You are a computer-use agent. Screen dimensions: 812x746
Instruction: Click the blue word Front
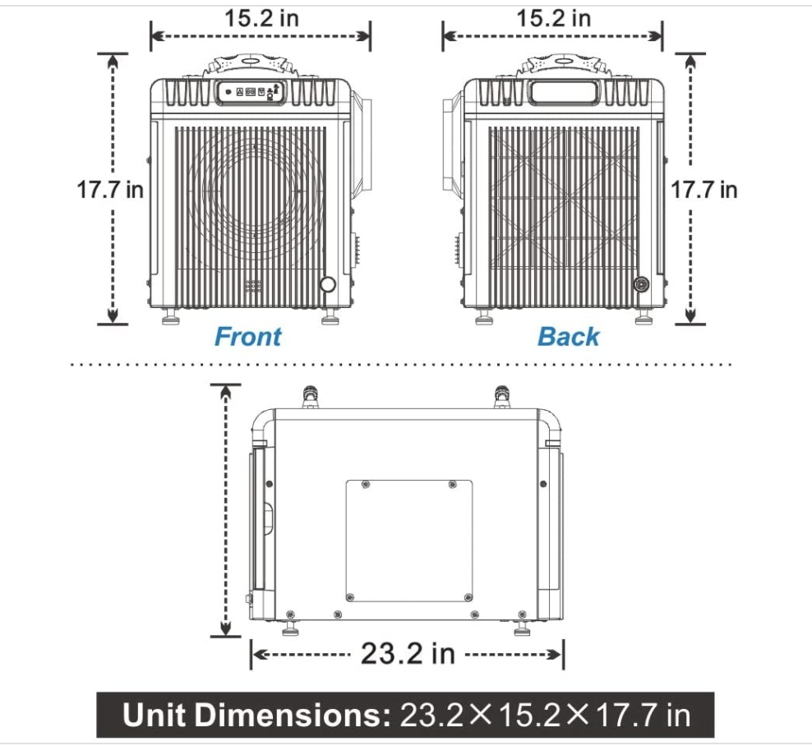[247, 337]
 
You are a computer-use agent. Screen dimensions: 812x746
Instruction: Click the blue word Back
[568, 337]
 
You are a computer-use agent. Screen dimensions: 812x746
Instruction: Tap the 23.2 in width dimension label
[408, 653]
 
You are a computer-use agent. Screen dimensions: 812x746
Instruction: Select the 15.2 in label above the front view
[261, 18]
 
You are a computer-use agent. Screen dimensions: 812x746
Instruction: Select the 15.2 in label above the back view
[554, 18]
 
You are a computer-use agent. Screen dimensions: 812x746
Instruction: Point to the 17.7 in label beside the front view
[110, 190]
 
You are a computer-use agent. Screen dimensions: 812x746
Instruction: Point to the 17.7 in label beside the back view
[704, 190]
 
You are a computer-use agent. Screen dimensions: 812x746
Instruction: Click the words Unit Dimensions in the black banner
[256, 715]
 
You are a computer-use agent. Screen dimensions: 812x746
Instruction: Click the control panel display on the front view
[251, 92]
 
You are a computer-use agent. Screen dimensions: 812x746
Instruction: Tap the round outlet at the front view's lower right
[328, 284]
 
